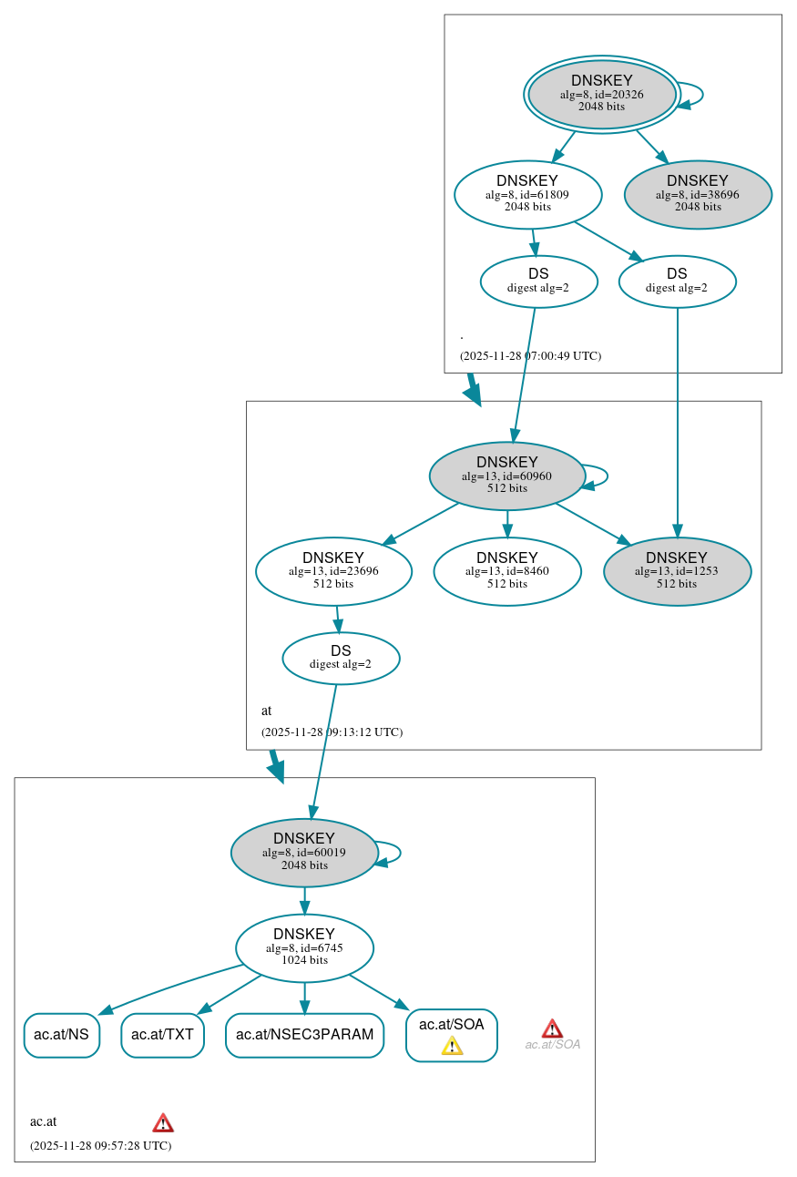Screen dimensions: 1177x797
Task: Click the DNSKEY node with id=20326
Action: (x=601, y=94)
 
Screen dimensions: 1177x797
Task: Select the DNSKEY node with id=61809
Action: (x=527, y=194)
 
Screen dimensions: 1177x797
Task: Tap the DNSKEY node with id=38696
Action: (x=698, y=194)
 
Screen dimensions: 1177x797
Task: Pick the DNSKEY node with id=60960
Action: (x=506, y=476)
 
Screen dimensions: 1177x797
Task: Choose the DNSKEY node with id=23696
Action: (x=333, y=571)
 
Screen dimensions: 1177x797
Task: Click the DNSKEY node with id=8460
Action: (x=506, y=571)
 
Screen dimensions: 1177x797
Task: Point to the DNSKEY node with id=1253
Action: (x=677, y=571)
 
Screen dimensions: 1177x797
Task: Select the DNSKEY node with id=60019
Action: (x=304, y=853)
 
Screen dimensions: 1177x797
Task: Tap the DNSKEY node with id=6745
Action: (x=304, y=947)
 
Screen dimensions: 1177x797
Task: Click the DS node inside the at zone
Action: (x=341, y=658)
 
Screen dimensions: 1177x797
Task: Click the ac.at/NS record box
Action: (x=61, y=1035)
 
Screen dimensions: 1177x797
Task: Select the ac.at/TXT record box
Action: (x=162, y=1035)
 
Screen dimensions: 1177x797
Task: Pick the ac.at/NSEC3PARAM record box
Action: (x=304, y=1035)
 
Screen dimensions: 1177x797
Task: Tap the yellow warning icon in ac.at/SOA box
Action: (x=452, y=1046)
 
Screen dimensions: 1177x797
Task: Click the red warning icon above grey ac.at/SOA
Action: (x=552, y=1029)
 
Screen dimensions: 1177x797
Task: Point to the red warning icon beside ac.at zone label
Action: (x=163, y=1122)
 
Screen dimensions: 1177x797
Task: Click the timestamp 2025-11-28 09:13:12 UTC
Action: (x=332, y=732)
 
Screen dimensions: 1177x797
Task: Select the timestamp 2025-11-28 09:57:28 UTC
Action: (x=100, y=1145)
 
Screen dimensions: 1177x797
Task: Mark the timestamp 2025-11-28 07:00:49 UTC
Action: (x=530, y=356)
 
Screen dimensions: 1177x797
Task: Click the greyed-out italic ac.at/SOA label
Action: (x=552, y=1045)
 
